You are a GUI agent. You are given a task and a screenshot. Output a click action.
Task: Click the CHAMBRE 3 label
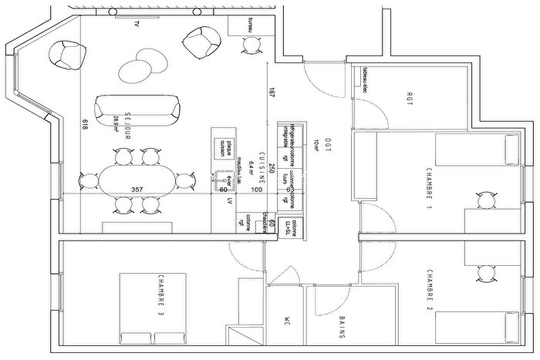click(x=160, y=296)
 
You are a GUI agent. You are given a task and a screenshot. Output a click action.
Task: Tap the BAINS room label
click(x=341, y=328)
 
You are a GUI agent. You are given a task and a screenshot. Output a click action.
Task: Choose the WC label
click(x=285, y=320)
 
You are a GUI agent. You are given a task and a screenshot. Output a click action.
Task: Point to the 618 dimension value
click(x=83, y=128)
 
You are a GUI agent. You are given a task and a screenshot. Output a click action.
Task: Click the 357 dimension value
click(x=137, y=190)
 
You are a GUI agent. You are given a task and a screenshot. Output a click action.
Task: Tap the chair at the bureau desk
click(x=251, y=46)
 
